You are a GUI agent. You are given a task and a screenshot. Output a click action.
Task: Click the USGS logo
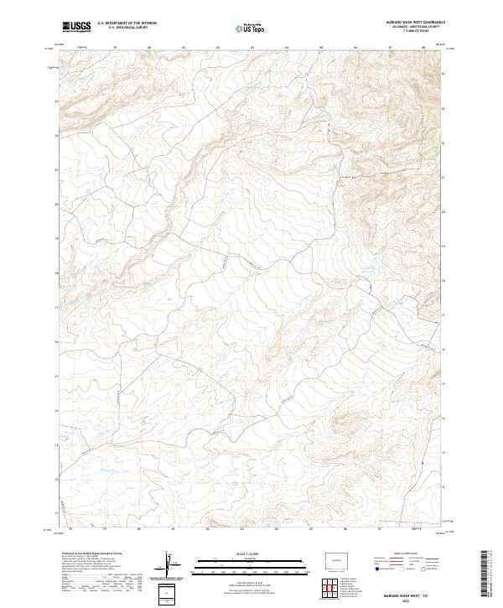point(76,27)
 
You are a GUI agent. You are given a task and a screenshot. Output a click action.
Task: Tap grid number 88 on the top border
point(426,48)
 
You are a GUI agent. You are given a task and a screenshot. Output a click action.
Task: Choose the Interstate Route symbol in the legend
point(381,569)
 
